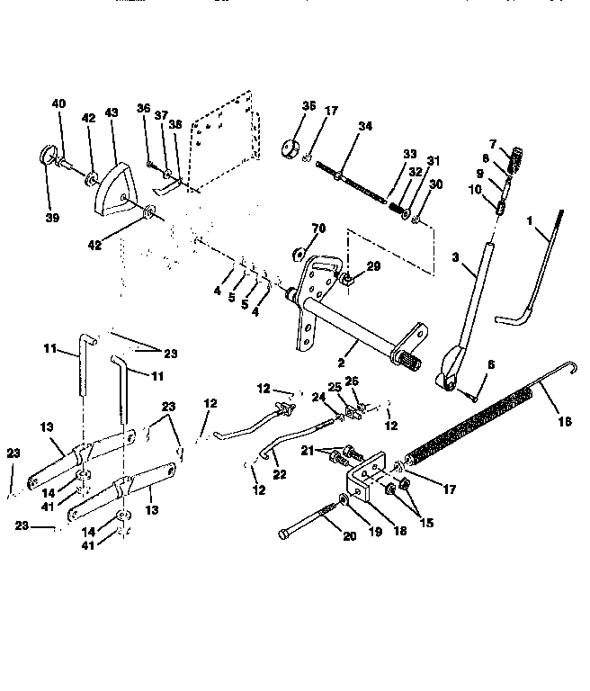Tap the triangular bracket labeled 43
click(x=111, y=190)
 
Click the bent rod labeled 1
click(x=535, y=270)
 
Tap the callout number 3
click(x=456, y=257)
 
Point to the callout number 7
click(x=492, y=144)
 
